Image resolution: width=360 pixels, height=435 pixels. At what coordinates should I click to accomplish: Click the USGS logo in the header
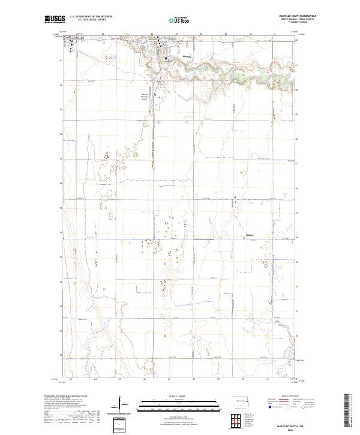click(55, 19)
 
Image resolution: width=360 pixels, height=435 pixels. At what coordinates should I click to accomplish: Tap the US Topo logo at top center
click(179, 20)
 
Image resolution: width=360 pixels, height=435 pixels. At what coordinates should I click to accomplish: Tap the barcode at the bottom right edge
click(346, 411)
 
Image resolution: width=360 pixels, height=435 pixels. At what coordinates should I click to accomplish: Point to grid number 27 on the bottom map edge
click(169, 379)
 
